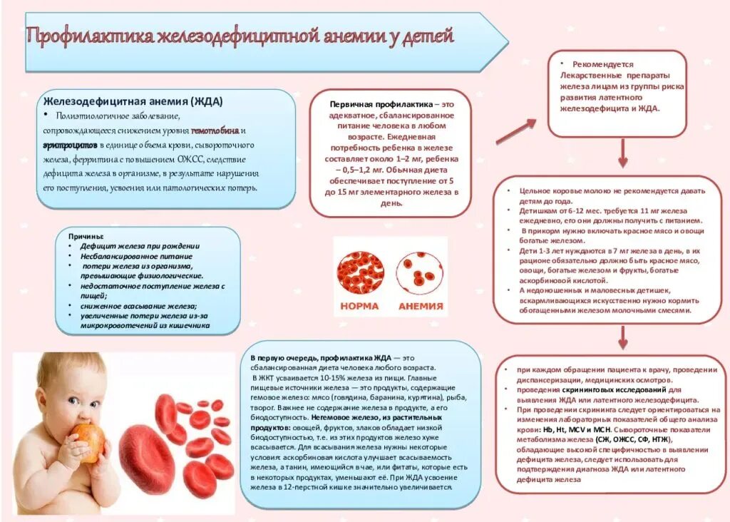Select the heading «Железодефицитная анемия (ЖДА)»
133,101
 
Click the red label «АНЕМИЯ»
420,307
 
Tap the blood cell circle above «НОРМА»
361,272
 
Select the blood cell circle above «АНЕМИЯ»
420,272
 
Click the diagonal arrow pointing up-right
515,131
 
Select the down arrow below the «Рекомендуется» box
622,152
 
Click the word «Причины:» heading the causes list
86,236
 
